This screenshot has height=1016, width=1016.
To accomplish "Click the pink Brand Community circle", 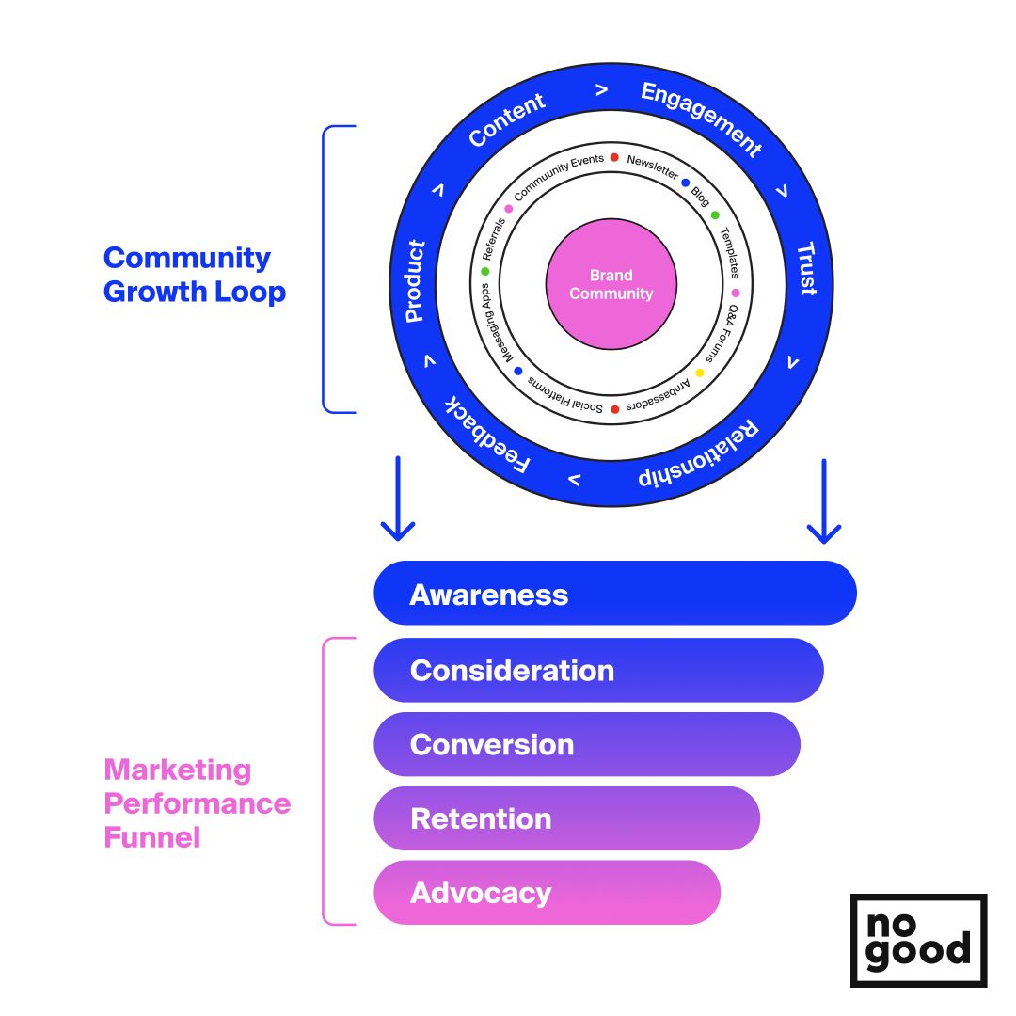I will [611, 284].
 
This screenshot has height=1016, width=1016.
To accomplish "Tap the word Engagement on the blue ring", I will [701, 119].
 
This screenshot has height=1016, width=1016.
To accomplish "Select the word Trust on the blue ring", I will [806, 269].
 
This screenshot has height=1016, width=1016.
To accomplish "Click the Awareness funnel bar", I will [615, 594].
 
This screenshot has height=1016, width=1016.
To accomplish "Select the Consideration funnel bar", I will [598, 670].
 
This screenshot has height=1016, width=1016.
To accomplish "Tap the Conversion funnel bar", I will [587, 744].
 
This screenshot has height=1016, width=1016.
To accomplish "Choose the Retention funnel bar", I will [566, 818].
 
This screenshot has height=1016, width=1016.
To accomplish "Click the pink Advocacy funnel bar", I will [547, 893].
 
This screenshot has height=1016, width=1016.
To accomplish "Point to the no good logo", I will [918, 940].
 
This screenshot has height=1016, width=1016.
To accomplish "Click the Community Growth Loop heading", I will [195, 275].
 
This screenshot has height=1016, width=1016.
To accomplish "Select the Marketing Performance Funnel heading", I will [197, 803].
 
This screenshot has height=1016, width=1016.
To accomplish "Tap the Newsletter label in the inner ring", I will [652, 167].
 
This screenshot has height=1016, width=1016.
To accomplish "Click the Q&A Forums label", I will [722, 334].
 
